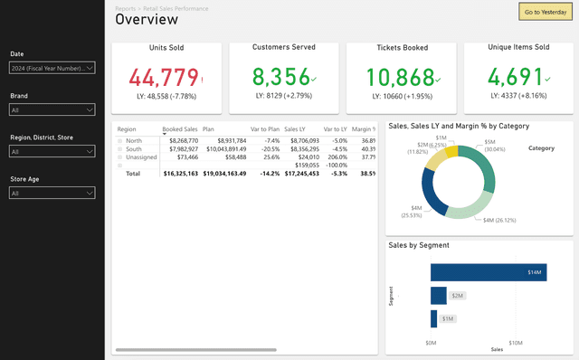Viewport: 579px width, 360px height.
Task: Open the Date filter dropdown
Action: [x=52, y=68]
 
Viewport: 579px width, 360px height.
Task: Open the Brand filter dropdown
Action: [x=52, y=109]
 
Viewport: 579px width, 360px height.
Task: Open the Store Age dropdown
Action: [x=52, y=193]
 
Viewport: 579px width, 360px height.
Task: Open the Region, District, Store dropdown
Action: [x=52, y=152]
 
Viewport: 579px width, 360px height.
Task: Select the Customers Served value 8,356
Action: [x=278, y=77]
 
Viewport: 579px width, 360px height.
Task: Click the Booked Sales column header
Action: [x=179, y=129]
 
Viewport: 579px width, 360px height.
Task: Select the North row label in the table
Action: [x=134, y=140]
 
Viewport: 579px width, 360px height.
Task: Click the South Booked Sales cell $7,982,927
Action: [x=180, y=148]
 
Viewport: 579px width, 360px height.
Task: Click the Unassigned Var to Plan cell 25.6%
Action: [x=269, y=156]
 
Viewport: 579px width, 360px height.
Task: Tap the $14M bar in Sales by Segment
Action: [x=488, y=271]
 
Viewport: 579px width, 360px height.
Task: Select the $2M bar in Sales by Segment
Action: [x=438, y=295]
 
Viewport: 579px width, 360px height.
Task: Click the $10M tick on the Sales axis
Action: [x=515, y=343]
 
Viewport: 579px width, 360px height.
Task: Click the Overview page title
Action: [x=146, y=20]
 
